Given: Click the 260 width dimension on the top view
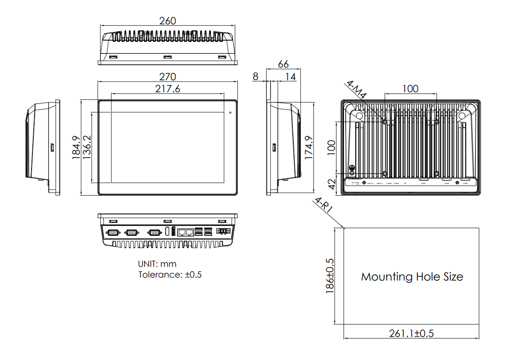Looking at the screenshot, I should coord(167,20).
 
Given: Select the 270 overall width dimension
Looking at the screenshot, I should coord(167,76).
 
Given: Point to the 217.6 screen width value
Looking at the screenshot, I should coord(167,88).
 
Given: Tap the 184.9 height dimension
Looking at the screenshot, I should coord(76,148).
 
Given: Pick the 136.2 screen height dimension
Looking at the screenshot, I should coord(86,148).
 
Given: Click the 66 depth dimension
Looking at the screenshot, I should coord(283,64).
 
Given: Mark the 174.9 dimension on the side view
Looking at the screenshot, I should coord(309,148).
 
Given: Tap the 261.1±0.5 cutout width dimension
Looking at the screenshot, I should coord(411,334).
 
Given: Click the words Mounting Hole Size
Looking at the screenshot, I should coord(412,277).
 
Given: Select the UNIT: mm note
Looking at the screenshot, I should coord(157,264).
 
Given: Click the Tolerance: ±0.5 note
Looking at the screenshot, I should coord(170,275).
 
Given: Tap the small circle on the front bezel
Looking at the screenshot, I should coord(230,113).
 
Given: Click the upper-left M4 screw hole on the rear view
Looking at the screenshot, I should coord(385,122).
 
